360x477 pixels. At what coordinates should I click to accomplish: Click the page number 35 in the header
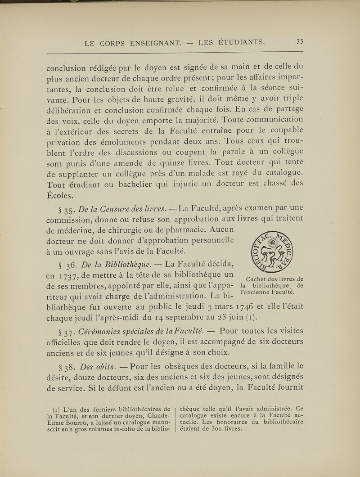[x=300, y=43]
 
